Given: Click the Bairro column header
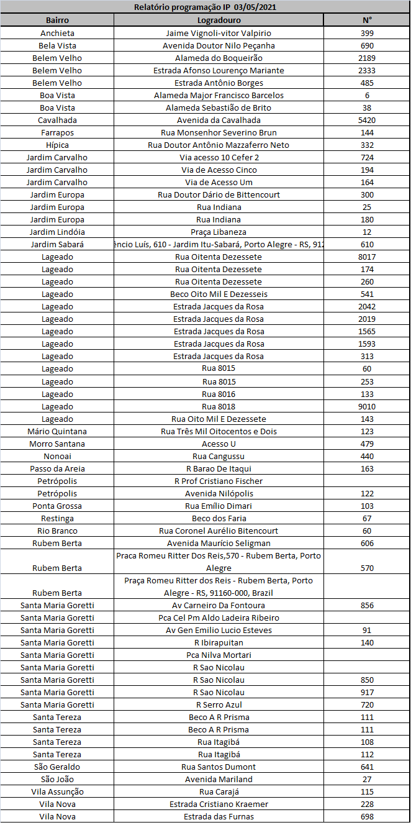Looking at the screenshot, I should pos(57,20).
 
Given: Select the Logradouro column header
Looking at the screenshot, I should pos(219,20).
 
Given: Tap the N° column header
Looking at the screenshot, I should pos(367,20).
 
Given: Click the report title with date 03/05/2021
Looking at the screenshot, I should pos(205,7).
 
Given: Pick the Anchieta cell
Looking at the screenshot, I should pos(57,33).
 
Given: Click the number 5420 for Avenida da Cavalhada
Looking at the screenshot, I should pos(367,120).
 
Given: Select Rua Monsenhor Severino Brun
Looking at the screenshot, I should pos(219,132).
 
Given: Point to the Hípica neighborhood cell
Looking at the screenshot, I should pos(57,145).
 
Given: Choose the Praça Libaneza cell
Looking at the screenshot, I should pos(219,232).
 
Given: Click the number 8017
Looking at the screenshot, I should pos(367,257).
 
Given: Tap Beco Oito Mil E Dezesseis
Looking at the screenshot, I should pos(219,294).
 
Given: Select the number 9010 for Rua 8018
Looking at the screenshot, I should pos(367,406).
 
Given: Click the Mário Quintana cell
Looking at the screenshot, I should pos(57,431).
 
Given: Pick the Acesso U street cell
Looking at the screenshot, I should pos(219,444).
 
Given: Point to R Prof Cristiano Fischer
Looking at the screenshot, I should pos(219,481).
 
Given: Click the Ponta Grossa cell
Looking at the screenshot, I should pos(57,506).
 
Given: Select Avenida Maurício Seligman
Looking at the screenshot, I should pos(219,543).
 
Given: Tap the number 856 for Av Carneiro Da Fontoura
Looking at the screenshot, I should pos(367,605).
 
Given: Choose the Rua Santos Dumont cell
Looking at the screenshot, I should pos(219,767).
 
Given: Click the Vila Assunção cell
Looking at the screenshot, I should pos(57,791).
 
